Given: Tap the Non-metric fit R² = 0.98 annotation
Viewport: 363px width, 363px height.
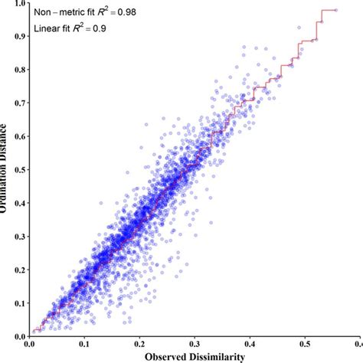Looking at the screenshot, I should point(87,14).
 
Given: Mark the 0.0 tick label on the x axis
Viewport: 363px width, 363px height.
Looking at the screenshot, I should point(30,344).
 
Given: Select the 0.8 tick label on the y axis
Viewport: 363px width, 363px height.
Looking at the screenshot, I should point(17,70).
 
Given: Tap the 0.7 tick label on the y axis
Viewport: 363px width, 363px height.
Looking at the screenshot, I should point(17,103).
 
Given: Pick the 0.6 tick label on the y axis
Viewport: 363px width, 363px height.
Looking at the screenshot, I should point(17,136).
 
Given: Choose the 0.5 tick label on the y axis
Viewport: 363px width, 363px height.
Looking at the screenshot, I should point(17,170).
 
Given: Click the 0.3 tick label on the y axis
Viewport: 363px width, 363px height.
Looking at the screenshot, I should point(17,236).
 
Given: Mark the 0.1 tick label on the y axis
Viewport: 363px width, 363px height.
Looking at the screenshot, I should point(17,302).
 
